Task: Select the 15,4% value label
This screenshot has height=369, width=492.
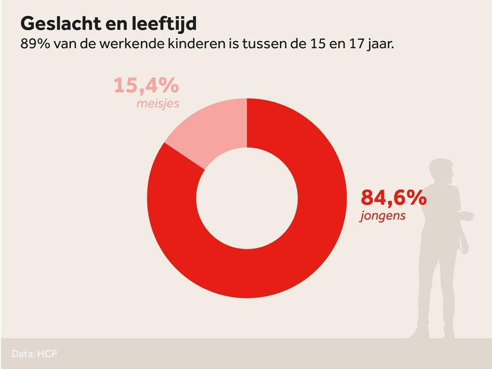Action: [x=145, y=86]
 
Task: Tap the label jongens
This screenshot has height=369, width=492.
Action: [x=382, y=215]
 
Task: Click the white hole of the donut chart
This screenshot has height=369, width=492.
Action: [x=247, y=199]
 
